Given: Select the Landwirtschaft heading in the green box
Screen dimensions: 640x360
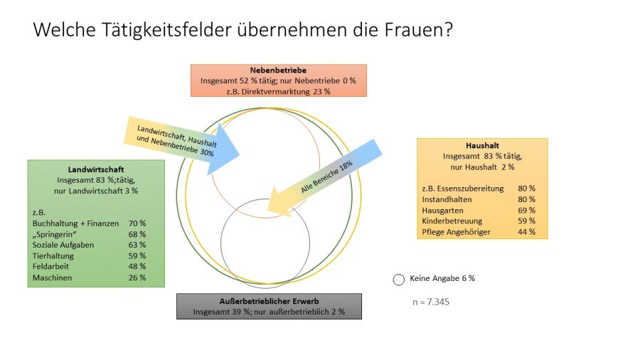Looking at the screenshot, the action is click(96, 169).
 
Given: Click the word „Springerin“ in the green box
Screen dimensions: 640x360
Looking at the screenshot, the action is click(57, 234).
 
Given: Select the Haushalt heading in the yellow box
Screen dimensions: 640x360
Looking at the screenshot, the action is click(484, 146).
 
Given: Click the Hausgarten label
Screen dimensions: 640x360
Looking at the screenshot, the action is click(442, 211).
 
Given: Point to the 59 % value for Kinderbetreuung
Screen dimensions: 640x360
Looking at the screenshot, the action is click(527, 221).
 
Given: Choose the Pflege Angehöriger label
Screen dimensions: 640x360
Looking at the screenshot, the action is click(456, 232).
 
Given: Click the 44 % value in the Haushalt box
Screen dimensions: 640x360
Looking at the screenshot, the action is click(527, 232).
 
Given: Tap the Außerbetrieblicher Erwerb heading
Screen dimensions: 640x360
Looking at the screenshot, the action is click(269, 301).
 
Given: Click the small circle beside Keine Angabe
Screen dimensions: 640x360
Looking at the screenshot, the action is click(398, 280).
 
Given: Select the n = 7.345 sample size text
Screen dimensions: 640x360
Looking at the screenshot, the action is click(430, 302).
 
